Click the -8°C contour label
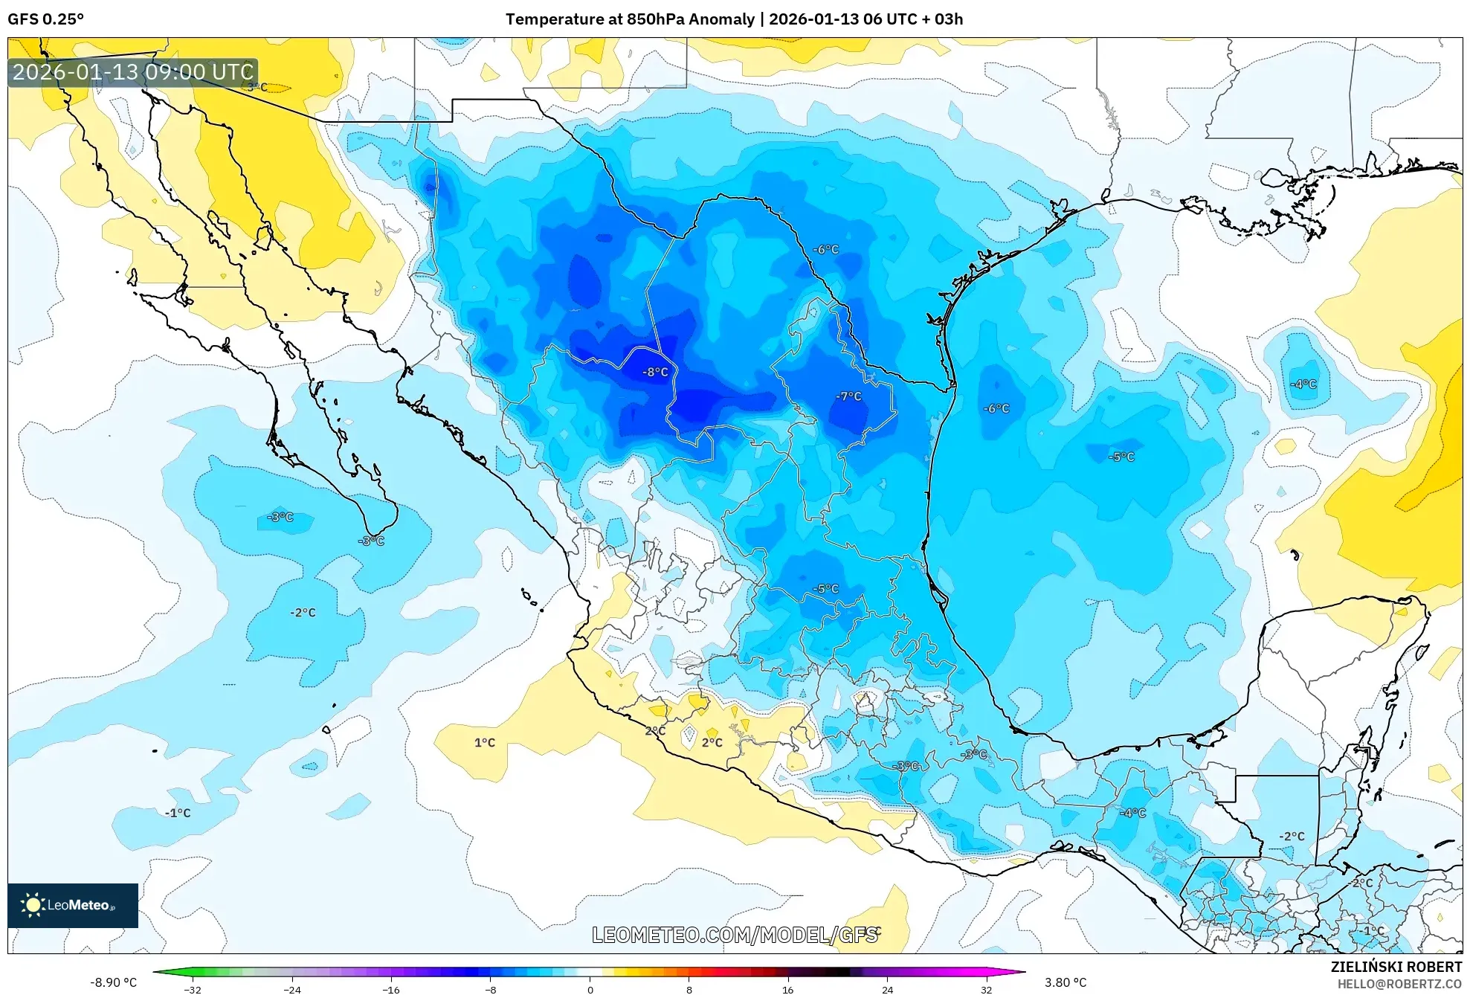click(655, 372)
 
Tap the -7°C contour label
click(848, 396)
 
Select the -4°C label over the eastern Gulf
click(1303, 384)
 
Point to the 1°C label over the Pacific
click(485, 742)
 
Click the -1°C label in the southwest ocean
click(178, 813)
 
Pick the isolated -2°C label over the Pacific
click(303, 612)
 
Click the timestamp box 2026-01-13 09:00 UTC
click(133, 72)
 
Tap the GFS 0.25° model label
click(46, 19)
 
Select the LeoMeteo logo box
click(73, 905)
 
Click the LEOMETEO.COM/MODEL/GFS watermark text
click(735, 935)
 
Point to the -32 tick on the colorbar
click(193, 989)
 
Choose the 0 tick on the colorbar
click(590, 989)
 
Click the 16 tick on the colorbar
click(788, 989)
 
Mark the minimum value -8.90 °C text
click(113, 982)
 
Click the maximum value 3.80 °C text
click(1066, 982)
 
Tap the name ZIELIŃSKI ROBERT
click(1396, 967)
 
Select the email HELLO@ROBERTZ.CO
click(1399, 984)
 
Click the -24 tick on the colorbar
click(292, 989)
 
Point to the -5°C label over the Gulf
click(1121, 457)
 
